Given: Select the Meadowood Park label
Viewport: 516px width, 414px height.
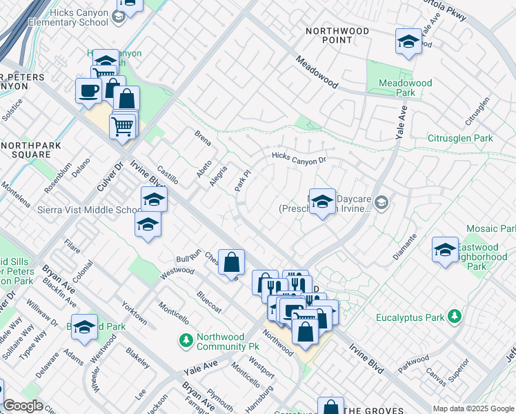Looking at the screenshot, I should (406, 88).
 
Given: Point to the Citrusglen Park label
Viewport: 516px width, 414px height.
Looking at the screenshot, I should (462, 138).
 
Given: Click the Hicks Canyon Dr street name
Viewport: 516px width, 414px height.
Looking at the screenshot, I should (298, 159).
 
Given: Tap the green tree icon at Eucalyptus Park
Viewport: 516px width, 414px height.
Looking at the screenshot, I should (454, 317).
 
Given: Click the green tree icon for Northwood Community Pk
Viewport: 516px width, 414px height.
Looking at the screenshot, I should (185, 339).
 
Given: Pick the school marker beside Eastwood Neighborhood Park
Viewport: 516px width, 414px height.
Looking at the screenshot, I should (445, 250).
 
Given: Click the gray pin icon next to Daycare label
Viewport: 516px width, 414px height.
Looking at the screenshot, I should (382, 202).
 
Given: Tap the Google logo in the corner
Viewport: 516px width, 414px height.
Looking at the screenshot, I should (23, 406).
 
